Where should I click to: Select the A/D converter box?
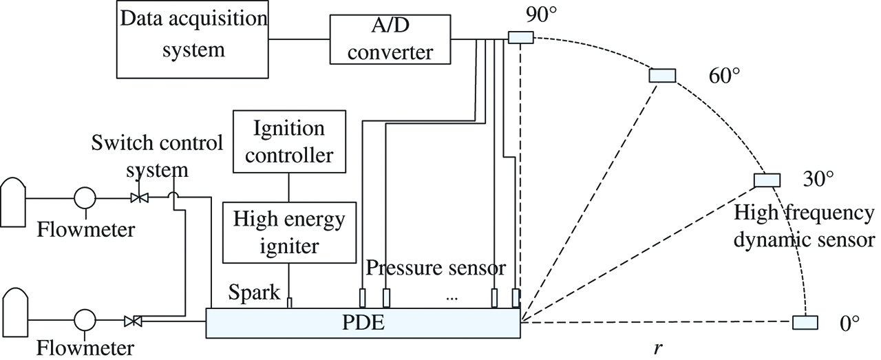click(x=391, y=41)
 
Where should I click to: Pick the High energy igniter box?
click(x=288, y=232)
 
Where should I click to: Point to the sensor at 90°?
click(x=520, y=38)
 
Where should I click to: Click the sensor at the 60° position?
click(x=663, y=76)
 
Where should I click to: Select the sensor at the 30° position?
click(x=767, y=180)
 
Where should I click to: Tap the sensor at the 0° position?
click(x=805, y=322)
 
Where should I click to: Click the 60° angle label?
click(x=724, y=75)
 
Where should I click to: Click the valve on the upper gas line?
click(x=140, y=198)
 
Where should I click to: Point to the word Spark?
click(x=255, y=294)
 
